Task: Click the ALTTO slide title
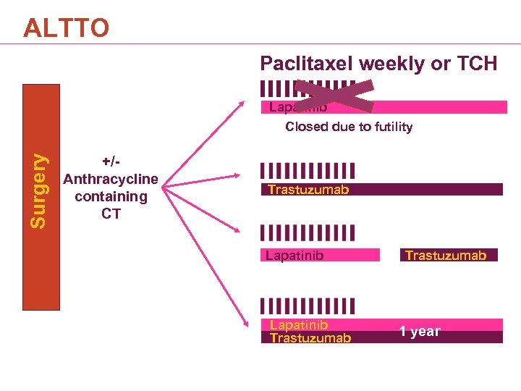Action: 66,28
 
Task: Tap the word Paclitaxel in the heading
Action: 307,64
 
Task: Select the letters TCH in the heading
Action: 475,64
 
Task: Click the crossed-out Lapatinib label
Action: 298,107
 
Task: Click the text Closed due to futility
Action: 349,127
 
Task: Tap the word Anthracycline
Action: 111,179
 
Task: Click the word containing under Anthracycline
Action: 111,196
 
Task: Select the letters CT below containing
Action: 111,214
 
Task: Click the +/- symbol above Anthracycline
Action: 111,161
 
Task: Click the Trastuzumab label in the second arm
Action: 308,190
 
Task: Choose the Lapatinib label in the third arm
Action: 295,255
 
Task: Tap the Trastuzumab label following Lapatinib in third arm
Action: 446,255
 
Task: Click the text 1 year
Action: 420,331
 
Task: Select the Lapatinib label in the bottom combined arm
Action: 299,325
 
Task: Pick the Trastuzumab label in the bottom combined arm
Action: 310,337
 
